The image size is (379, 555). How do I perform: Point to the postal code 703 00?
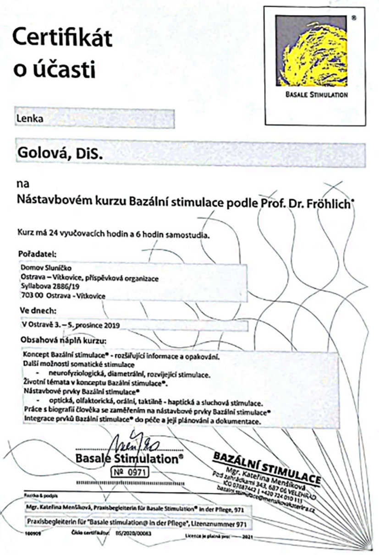(30, 296)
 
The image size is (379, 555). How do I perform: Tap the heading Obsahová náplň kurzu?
(63, 341)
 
